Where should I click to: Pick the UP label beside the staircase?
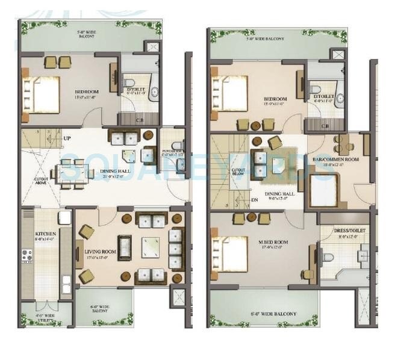coord(67,138)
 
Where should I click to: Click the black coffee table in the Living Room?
coord(125,247)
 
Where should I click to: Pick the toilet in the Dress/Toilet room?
coord(326,258)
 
